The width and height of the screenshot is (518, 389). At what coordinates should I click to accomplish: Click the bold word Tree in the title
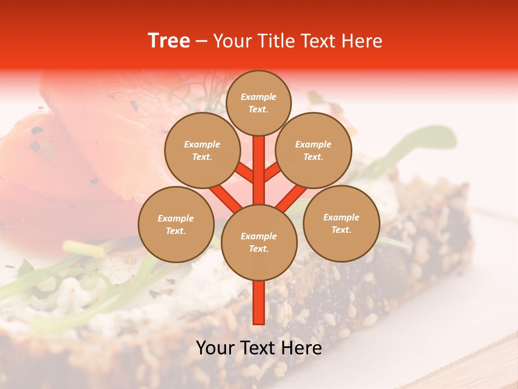169,41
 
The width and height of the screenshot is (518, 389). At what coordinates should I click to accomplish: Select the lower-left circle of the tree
176,224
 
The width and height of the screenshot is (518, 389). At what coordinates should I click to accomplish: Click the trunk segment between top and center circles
258,170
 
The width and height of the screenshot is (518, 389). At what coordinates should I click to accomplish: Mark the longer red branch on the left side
226,197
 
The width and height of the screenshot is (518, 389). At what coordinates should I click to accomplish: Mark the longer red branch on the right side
291,197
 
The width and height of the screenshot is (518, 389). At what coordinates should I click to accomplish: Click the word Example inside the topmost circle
258,97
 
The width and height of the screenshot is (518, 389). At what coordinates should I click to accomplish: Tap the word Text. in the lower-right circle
341,230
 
